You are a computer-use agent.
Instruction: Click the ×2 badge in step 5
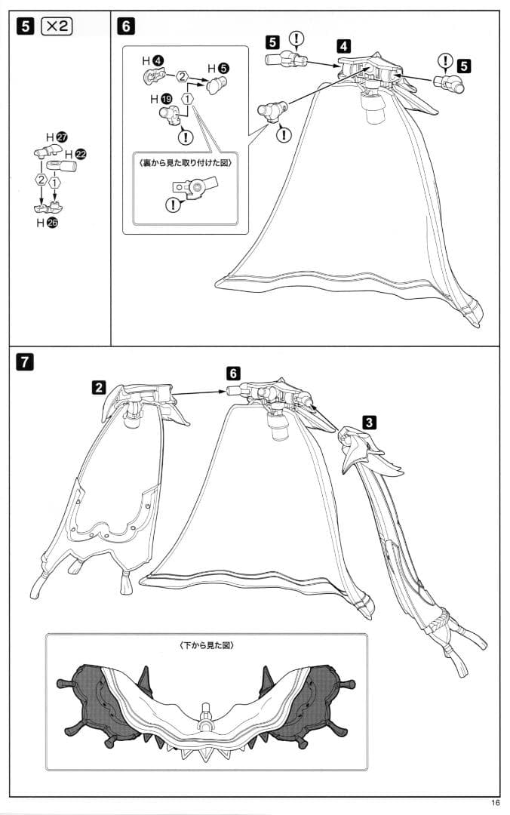(56, 26)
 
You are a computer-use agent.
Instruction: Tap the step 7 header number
(24, 361)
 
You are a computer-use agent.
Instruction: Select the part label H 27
(57, 138)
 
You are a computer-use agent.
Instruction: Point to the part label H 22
(76, 155)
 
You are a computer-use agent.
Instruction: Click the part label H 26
(47, 223)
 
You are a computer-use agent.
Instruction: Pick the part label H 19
(161, 99)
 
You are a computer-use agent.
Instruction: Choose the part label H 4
(153, 61)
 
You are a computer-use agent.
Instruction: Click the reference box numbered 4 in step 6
(343, 46)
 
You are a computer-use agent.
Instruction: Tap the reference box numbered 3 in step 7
(368, 422)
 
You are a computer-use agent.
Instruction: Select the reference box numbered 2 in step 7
(99, 387)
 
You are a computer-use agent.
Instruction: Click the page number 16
(495, 803)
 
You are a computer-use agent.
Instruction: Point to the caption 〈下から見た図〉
(206, 645)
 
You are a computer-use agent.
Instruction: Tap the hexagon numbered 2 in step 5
(41, 180)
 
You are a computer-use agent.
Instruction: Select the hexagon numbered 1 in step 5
(54, 181)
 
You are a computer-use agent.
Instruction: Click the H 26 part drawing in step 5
(48, 208)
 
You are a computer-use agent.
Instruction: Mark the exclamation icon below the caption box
(173, 205)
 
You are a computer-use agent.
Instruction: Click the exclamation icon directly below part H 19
(185, 137)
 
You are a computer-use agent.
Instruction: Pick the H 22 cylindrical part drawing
(61, 166)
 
